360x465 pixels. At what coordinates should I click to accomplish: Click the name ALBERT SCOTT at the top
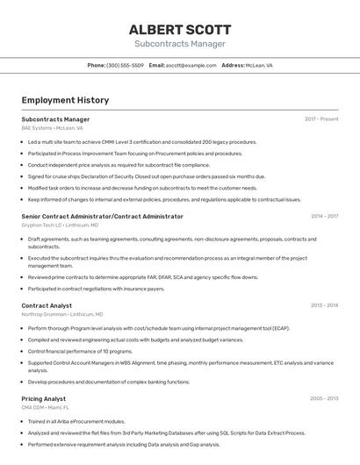[180, 29]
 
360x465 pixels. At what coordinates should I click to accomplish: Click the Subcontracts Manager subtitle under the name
[180, 44]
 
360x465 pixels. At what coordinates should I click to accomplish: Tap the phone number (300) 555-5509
[125, 65]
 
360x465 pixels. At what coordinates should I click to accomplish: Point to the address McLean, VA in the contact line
[259, 65]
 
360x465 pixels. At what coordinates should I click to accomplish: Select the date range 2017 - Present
[321, 119]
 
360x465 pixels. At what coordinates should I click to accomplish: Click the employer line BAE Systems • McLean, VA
[52, 128]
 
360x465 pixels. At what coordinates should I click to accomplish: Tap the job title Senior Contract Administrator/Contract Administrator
[103, 216]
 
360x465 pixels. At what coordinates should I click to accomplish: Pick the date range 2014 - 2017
[324, 216]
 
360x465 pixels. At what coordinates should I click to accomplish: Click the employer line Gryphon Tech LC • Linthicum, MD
[60, 225]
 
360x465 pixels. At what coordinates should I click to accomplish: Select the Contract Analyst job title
[47, 305]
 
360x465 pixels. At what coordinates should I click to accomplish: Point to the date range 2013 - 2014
[324, 305]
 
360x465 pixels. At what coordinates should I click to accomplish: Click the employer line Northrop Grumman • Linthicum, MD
[62, 314]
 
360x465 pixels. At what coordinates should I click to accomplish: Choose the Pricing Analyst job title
[44, 398]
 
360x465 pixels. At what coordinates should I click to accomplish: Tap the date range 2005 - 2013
[324, 398]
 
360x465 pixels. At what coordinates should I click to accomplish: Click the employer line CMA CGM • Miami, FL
[46, 407]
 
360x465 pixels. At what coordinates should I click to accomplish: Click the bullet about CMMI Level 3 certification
[142, 142]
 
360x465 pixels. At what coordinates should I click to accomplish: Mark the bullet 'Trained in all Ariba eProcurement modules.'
[76, 421]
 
